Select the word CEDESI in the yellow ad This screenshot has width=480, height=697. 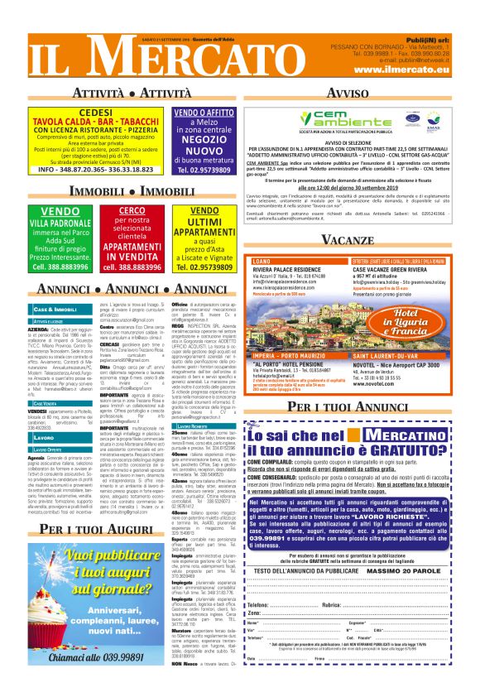(95, 112)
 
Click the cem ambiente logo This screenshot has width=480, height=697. (338, 121)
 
